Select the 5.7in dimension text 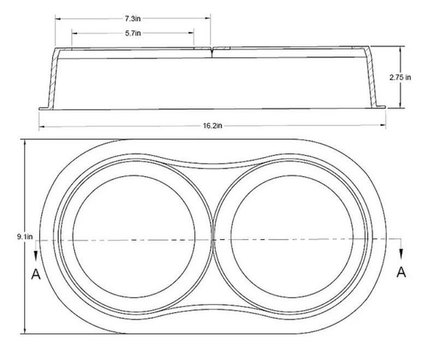coord(132,32)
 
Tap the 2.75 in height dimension coord(411,79)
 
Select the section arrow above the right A coord(401,251)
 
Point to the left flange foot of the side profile coord(43,108)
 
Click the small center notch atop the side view coord(212,49)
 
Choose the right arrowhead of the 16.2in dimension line coord(384,127)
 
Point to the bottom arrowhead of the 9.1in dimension coord(26,331)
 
